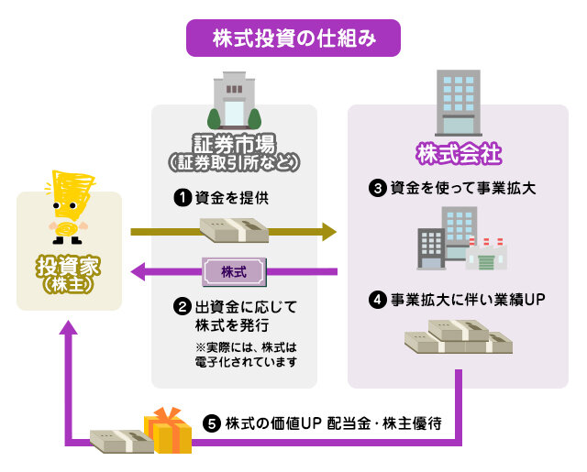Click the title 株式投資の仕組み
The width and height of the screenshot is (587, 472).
pyautogui.click(x=293, y=38)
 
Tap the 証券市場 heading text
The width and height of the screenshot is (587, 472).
pyautogui.click(x=234, y=145)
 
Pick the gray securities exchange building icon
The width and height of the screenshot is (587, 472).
pyautogui.click(x=234, y=99)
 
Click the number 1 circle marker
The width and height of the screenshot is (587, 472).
pyautogui.click(x=182, y=197)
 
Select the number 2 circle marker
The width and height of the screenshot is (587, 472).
pyautogui.click(x=182, y=306)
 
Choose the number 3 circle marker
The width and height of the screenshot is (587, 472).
pyautogui.click(x=377, y=189)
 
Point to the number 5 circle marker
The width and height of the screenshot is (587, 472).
pyautogui.click(x=212, y=424)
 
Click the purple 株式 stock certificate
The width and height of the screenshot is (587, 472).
pyautogui.click(x=234, y=271)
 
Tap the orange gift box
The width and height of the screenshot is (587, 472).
pyautogui.click(x=167, y=432)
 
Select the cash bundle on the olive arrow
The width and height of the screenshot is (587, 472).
pyautogui.click(x=235, y=230)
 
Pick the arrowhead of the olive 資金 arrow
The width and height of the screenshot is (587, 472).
pyautogui.click(x=329, y=231)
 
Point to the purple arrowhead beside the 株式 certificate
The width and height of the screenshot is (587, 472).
pyautogui.click(x=140, y=271)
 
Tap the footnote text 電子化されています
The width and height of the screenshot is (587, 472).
pyautogui.click(x=247, y=363)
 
